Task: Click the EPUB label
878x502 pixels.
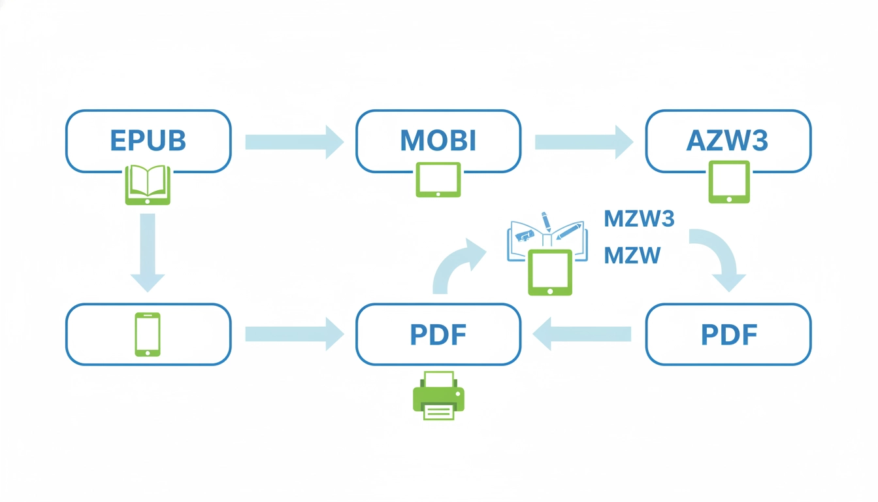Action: coord(148,141)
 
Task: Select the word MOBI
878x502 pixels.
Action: coord(438,141)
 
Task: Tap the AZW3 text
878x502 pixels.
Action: coord(728,141)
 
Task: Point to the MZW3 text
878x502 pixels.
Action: coord(639,219)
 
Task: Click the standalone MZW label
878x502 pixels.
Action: coord(632,255)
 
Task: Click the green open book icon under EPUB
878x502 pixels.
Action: coord(148,185)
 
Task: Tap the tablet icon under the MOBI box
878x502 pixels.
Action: coord(438,180)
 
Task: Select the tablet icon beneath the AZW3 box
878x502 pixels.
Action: coord(729,182)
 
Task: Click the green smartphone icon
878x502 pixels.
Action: coord(148,334)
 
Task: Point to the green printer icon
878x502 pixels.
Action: coord(438,395)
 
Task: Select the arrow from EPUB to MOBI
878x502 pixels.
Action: coord(294,142)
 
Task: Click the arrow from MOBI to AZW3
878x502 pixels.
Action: coord(583,142)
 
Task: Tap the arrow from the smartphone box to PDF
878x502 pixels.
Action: coord(294,335)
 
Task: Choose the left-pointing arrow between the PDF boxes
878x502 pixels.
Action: coord(582,335)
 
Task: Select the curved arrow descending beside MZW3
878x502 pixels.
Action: coord(719,258)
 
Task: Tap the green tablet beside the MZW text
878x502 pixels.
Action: coord(549,272)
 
